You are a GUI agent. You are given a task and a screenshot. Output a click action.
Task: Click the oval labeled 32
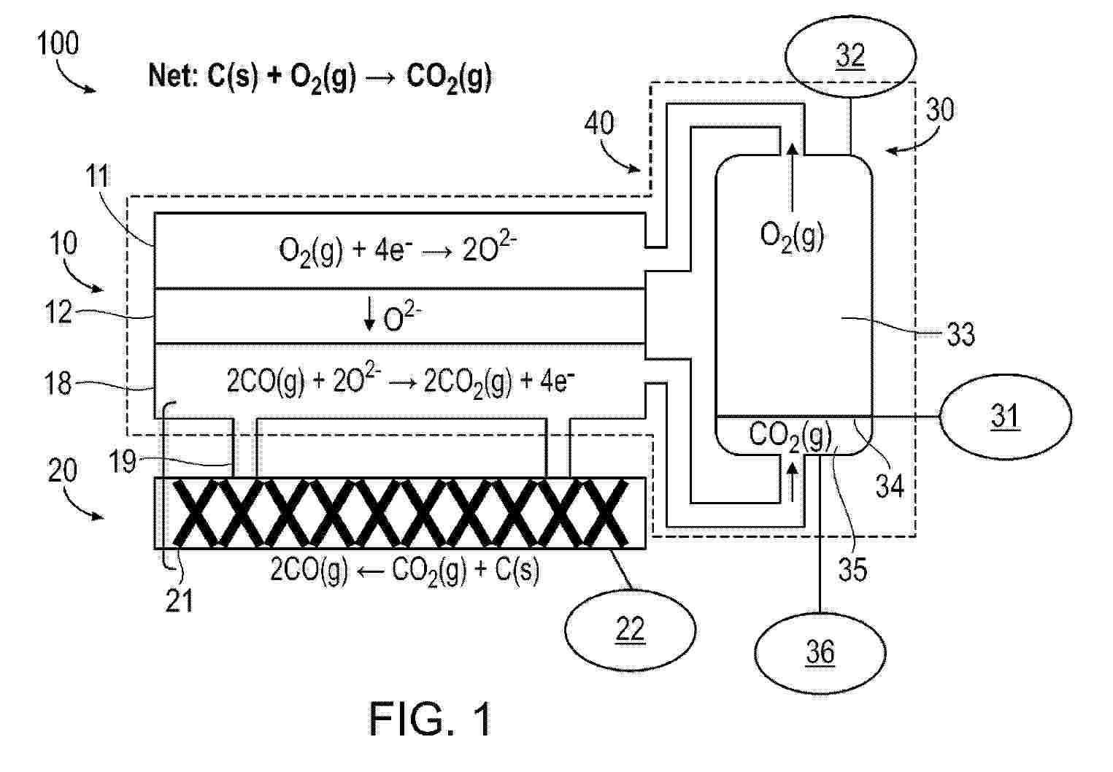click(850, 55)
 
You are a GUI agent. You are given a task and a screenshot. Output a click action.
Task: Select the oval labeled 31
click(1005, 417)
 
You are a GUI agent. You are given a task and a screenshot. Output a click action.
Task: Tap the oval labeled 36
click(820, 652)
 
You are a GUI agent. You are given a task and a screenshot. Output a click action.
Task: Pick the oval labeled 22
click(631, 628)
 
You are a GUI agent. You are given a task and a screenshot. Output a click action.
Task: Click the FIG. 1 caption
click(431, 719)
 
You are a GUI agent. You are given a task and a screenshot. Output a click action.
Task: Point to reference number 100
click(58, 44)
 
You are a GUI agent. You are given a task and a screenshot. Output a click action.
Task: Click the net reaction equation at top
click(320, 77)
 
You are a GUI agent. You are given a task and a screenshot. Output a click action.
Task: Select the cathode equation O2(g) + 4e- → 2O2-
click(399, 251)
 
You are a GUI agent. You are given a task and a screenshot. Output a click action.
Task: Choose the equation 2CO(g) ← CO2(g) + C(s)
click(405, 570)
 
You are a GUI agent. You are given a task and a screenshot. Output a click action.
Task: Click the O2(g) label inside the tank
click(792, 236)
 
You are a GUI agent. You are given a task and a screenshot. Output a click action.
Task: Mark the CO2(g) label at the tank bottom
click(790, 436)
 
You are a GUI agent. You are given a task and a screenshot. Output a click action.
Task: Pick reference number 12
click(58, 313)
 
